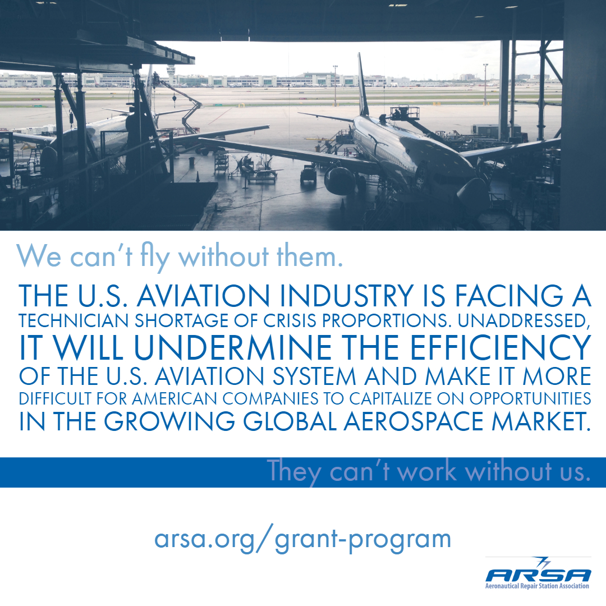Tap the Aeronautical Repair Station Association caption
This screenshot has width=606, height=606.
tap(537, 586)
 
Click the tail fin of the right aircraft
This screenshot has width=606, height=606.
tap(362, 84)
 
